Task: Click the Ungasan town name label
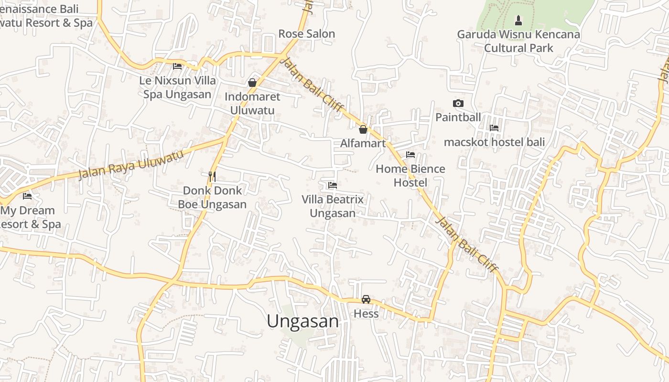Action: [302, 321]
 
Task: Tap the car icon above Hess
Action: [366, 299]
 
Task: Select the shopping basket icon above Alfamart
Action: [363, 129]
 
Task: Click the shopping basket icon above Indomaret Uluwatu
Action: [252, 83]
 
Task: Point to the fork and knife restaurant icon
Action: [212, 177]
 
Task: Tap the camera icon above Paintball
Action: [458, 104]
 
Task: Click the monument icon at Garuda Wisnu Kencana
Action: [518, 21]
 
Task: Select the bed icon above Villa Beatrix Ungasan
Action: [333, 185]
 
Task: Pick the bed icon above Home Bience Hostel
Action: [410, 155]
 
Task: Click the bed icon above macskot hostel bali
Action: [494, 128]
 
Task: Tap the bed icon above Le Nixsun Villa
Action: [177, 66]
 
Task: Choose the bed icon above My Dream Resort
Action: [27, 196]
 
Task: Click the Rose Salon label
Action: [307, 34]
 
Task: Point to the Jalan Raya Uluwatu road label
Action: [131, 165]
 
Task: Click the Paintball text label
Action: [458, 117]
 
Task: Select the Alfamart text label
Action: [363, 143]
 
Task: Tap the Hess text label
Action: [366, 314]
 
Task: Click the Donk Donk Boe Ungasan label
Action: [212, 198]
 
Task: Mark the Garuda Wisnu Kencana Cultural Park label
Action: [518, 41]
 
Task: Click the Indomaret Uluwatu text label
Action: [252, 103]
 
